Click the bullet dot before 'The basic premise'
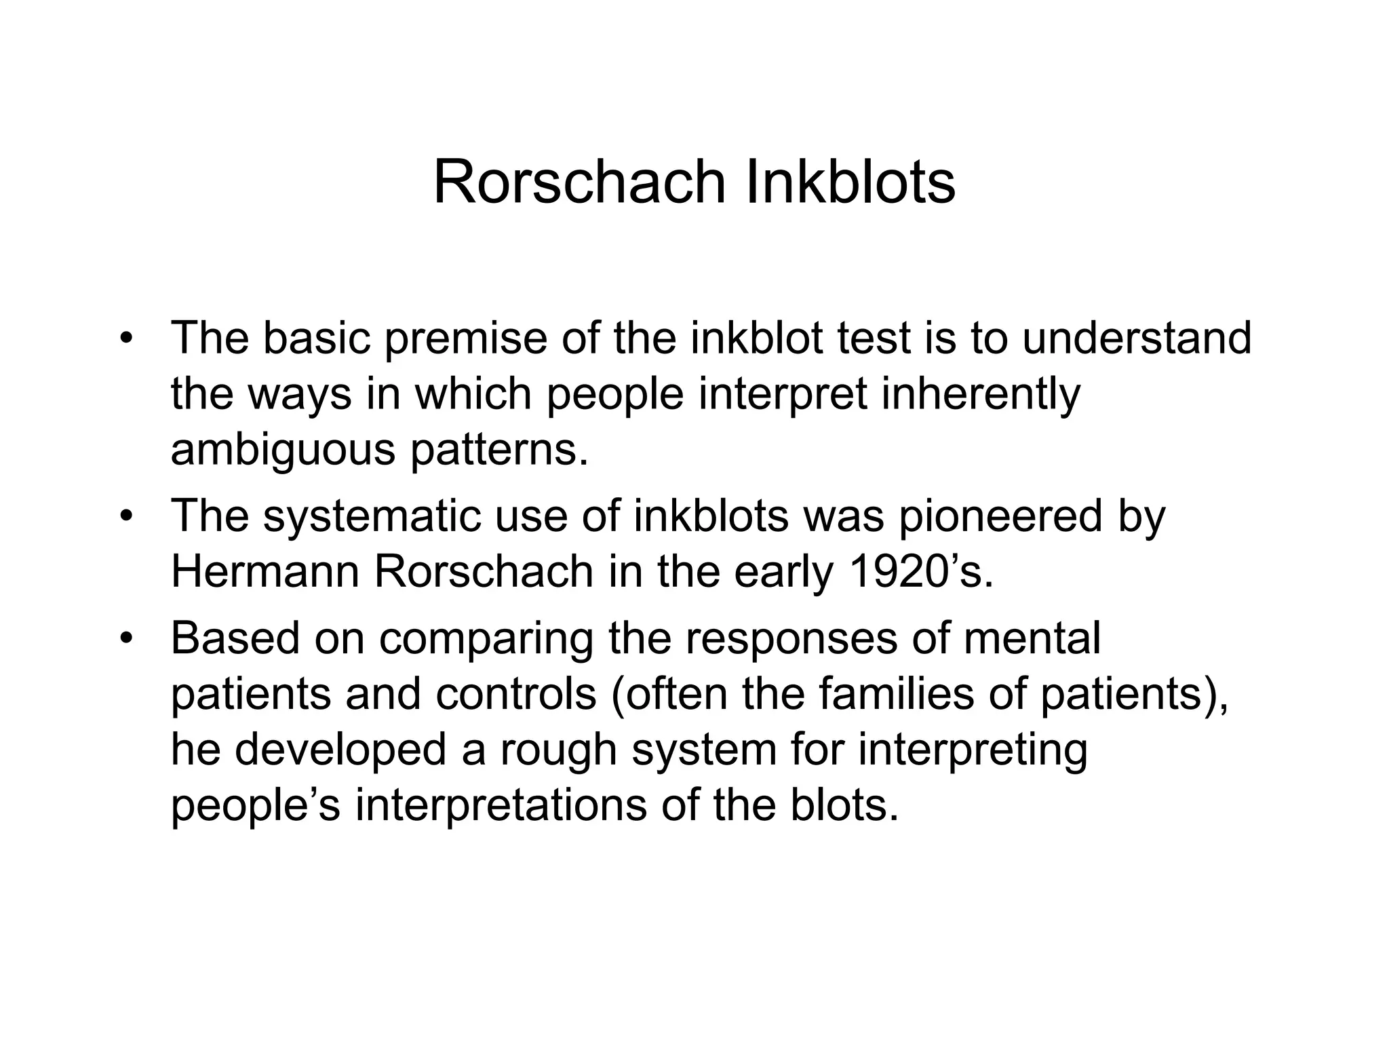pyautogui.click(x=125, y=338)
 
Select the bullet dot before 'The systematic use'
pyautogui.click(x=125, y=516)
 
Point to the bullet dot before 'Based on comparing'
pyautogui.click(x=125, y=639)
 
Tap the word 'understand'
pyautogui.click(x=1136, y=338)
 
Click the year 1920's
pyautogui.click(x=920, y=572)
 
